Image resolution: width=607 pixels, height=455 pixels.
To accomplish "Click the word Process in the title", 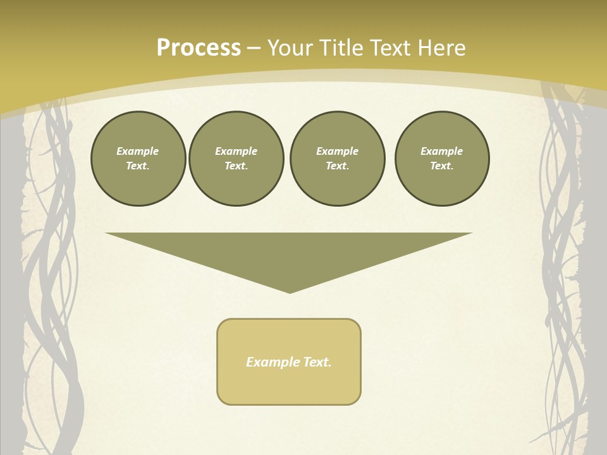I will click(x=199, y=48).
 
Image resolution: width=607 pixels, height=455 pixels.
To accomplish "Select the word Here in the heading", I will click(x=441, y=48).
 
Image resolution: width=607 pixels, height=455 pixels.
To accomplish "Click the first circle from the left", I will click(x=138, y=159).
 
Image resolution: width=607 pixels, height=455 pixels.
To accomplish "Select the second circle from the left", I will click(x=236, y=159).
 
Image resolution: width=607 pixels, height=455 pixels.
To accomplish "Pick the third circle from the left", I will click(x=338, y=159).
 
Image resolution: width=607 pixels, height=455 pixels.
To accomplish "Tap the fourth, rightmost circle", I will click(x=442, y=159).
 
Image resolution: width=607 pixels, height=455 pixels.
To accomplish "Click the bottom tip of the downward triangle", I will click(x=290, y=291).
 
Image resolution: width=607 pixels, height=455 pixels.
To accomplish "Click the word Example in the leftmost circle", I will click(x=138, y=151).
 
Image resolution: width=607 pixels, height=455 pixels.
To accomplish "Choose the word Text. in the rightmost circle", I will click(x=442, y=166).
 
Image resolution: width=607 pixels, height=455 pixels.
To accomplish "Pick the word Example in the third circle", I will click(x=338, y=151).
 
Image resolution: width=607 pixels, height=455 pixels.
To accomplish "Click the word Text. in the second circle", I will click(x=236, y=166).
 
